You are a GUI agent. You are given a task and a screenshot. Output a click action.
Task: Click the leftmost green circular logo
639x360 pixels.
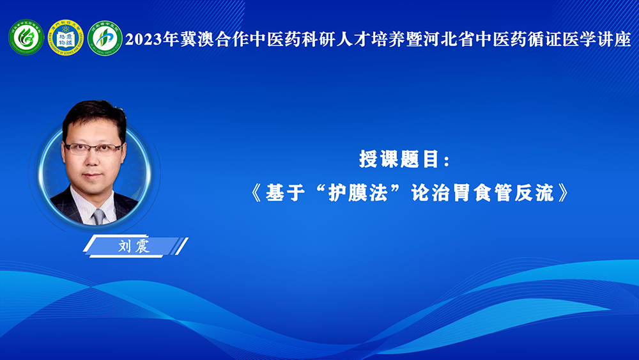[26, 38]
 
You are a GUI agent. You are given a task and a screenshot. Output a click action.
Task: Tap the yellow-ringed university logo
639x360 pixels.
[66, 38]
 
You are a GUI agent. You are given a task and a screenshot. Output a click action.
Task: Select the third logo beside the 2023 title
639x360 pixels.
[105, 38]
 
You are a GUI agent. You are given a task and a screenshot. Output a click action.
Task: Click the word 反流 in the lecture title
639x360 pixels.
[534, 192]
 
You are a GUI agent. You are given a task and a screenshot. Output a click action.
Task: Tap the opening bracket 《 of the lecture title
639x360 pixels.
[257, 192]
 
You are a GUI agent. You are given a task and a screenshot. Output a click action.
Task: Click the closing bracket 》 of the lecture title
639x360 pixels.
[563, 192]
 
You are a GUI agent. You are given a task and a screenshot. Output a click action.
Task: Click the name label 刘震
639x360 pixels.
[134, 246]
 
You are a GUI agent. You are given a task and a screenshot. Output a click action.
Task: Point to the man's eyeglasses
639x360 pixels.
[93, 148]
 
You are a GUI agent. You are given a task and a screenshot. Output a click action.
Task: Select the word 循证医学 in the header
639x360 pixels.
[562, 40]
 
